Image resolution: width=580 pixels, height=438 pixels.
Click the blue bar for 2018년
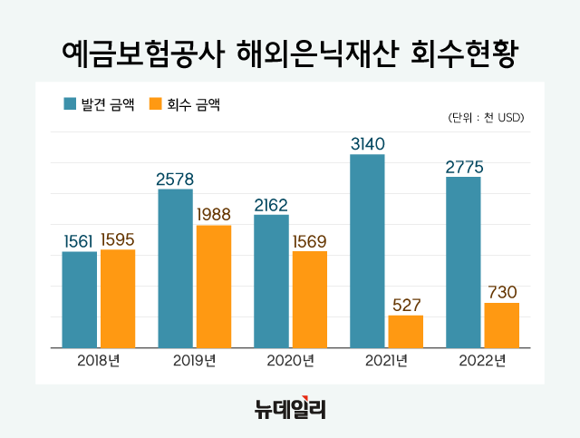79,299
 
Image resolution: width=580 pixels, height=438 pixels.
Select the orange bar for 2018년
118,298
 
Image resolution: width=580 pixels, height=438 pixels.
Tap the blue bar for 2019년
175,268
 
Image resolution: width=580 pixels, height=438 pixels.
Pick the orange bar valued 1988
214,287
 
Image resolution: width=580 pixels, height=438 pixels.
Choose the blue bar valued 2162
271,281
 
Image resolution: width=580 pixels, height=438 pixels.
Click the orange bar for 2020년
310,299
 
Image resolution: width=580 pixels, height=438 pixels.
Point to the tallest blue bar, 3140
367,251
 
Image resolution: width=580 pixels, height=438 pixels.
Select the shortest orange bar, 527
405,331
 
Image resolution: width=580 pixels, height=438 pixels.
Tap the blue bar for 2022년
463,262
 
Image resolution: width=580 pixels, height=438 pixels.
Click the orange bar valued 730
501,325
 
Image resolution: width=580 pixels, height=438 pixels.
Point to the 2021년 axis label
386,361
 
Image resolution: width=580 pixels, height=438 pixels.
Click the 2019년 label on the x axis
194,361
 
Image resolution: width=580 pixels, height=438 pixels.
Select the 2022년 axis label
482,361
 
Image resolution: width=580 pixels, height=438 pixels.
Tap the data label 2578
175,179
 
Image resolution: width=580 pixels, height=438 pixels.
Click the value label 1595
118,240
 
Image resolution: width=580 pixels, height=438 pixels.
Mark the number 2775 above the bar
463,167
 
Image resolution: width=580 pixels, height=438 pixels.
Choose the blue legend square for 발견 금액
70,104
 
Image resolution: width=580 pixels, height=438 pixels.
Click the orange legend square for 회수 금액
155,104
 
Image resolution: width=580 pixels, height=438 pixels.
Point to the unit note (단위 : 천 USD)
487,118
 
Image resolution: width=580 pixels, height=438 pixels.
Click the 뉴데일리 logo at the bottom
289,408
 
